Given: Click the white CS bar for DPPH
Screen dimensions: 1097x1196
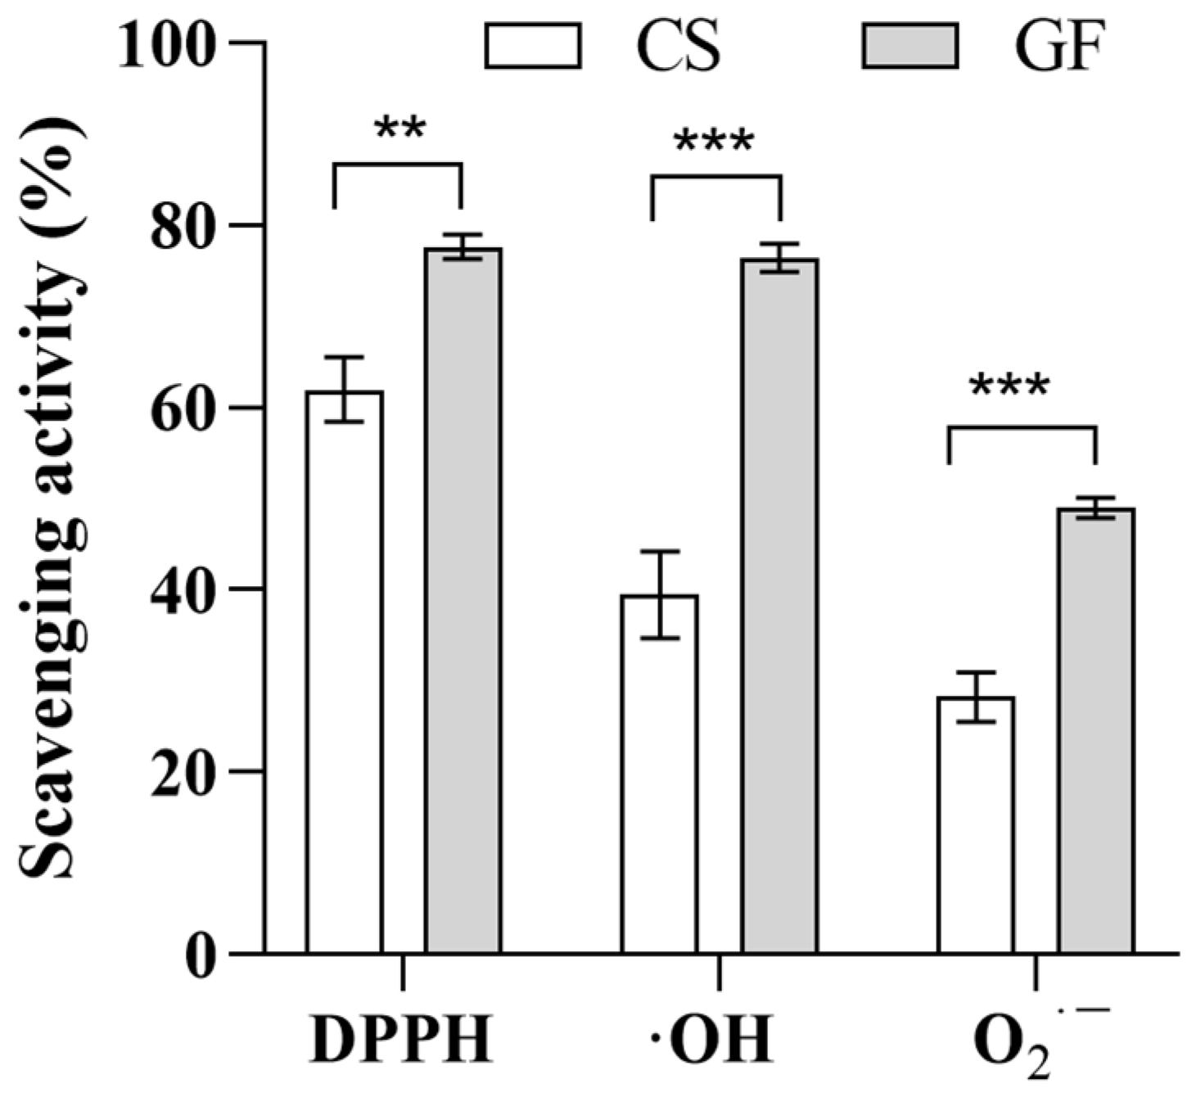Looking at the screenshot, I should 345,671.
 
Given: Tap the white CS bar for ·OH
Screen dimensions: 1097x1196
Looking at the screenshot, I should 660,774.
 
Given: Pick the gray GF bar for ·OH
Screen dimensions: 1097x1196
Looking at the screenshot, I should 779,606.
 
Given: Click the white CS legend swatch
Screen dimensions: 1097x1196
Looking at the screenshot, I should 533,46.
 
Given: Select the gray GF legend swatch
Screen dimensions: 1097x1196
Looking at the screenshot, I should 909,46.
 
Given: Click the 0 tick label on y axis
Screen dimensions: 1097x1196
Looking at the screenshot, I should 201,954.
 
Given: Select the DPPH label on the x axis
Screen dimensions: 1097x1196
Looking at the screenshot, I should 402,1040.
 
